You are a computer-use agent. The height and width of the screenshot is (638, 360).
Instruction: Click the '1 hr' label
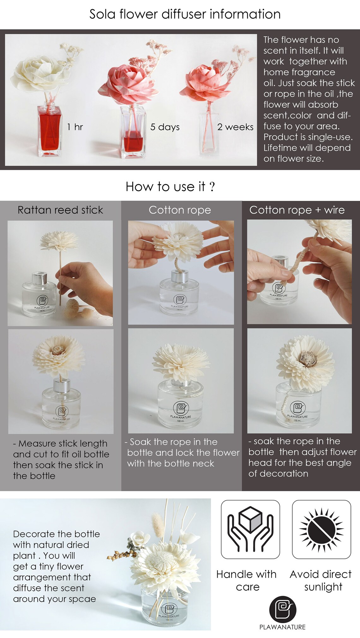[x=75, y=127]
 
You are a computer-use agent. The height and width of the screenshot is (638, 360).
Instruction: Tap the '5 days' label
[x=165, y=127]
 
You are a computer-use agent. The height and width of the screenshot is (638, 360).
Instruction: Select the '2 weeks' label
[x=235, y=127]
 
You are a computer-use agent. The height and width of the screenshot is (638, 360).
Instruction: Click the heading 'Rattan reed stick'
[x=60, y=210]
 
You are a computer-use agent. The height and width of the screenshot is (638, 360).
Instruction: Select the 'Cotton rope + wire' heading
[x=297, y=210]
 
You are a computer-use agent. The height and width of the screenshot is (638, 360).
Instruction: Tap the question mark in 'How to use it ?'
[x=212, y=187]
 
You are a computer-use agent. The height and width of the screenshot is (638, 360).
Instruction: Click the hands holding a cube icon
[x=250, y=529]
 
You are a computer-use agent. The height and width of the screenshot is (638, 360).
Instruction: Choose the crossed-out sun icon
[x=321, y=529]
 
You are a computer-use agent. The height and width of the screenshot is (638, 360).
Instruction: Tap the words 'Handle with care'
[x=247, y=580]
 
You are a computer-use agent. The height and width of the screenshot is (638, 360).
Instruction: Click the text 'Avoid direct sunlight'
[x=321, y=580]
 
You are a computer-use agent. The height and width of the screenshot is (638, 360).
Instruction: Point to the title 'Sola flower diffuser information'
[x=185, y=14]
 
